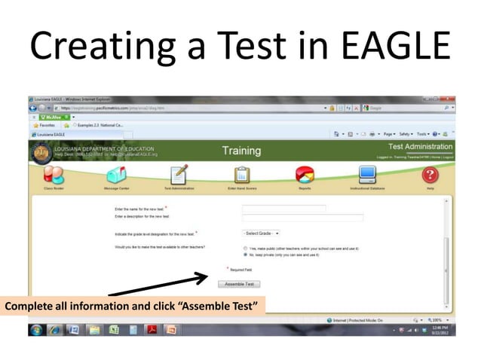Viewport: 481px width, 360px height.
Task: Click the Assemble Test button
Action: click(x=239, y=284)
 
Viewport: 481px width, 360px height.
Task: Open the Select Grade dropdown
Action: click(x=261, y=233)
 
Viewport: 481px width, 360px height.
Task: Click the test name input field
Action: click(x=283, y=209)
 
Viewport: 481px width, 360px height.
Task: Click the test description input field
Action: click(x=302, y=218)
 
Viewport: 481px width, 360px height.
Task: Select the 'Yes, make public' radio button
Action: click(x=245, y=248)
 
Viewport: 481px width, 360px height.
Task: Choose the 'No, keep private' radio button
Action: click(x=245, y=255)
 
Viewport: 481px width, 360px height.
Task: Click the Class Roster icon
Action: click(x=54, y=174)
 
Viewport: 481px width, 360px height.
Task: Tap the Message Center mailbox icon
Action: click(x=116, y=174)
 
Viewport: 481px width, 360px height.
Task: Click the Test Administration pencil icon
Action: click(x=179, y=174)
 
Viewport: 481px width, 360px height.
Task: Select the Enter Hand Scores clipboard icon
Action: click(x=243, y=174)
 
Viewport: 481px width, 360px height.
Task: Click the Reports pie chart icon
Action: click(x=305, y=174)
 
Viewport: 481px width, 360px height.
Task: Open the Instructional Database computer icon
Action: click(x=367, y=174)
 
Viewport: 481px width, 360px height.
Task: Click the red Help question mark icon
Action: click(x=430, y=174)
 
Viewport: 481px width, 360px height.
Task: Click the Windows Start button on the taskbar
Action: click(x=35, y=330)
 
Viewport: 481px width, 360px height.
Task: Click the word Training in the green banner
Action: click(x=241, y=151)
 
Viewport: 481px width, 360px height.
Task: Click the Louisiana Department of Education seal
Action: click(x=41, y=151)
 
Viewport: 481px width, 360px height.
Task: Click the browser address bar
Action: click(x=188, y=108)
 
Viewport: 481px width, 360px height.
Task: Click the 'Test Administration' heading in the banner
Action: click(x=421, y=146)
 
